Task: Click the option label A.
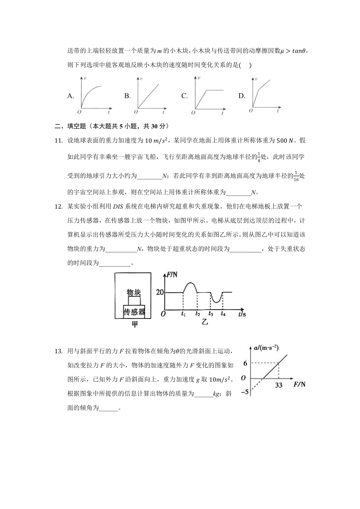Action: click(x=71, y=96)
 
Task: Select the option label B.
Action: click(x=127, y=96)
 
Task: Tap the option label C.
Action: click(x=184, y=96)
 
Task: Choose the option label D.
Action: click(x=241, y=96)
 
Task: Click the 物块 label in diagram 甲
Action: click(x=134, y=292)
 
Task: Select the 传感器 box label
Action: click(x=134, y=312)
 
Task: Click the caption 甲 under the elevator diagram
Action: click(x=134, y=324)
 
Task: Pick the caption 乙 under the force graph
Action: click(x=204, y=322)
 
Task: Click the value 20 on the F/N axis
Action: click(x=160, y=292)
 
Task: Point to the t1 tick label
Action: click(x=183, y=314)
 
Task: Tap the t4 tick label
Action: click(x=223, y=314)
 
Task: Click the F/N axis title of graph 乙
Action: click(x=172, y=275)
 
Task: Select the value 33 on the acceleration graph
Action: click(x=278, y=385)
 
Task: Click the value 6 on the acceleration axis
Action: click(x=246, y=363)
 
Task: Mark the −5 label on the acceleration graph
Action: click(x=245, y=392)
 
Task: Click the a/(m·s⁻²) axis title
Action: click(x=266, y=347)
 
